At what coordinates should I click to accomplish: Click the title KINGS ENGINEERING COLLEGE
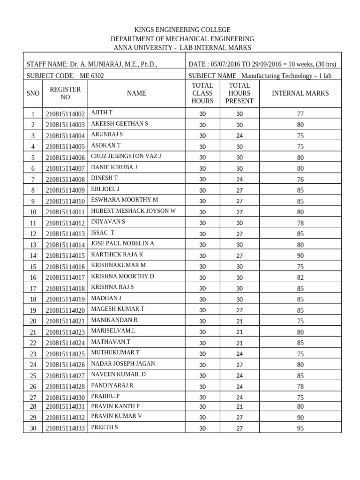pos(182,30)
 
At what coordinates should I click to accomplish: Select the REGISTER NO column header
pos(65,93)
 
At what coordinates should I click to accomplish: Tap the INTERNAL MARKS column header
pos(300,93)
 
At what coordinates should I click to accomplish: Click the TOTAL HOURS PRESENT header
pos(240,93)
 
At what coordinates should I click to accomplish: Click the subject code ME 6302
pos(92,75)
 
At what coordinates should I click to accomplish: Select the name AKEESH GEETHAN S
pos(120,124)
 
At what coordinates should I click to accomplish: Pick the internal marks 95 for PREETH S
pos(300,428)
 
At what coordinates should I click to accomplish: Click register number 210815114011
pos(65,212)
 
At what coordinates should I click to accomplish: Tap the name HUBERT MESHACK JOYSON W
pos(133,211)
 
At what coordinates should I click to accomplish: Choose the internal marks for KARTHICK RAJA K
pos(300,255)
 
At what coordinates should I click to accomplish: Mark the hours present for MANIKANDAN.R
pos(240,321)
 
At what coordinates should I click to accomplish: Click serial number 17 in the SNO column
pos(33,288)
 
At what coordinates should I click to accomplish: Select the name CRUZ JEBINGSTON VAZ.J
pos(126,156)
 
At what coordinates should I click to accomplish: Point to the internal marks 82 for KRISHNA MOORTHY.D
pos(300,277)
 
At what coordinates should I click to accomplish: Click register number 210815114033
pos(65,428)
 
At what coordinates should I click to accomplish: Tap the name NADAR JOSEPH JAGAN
pos(123,364)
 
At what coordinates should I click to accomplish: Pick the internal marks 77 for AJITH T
pos(300,114)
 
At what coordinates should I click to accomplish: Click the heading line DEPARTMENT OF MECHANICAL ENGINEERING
pos(182,39)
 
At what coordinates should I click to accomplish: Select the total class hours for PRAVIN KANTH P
pos(202,406)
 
